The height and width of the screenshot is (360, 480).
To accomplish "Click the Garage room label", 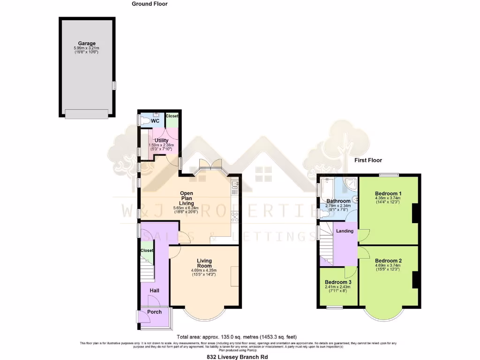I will pyautogui.click(x=87, y=44).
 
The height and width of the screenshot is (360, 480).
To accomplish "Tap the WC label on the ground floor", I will pyautogui.click(x=155, y=121).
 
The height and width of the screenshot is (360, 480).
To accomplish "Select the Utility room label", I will pyautogui.click(x=161, y=140).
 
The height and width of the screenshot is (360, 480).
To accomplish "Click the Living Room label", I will pyautogui.click(x=204, y=263).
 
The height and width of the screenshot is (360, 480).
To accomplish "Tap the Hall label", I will pyautogui.click(x=154, y=291).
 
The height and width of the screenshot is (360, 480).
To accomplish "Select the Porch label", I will pyautogui.click(x=154, y=312).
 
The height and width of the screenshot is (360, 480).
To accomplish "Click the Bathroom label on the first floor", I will pyautogui.click(x=338, y=201).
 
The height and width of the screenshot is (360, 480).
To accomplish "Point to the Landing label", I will pyautogui.click(x=345, y=231).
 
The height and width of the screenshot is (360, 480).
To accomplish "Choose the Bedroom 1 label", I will pyautogui.click(x=388, y=193).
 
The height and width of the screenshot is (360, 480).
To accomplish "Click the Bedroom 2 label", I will pyautogui.click(x=388, y=261).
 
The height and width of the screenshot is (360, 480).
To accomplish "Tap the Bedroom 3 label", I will pyautogui.click(x=338, y=282).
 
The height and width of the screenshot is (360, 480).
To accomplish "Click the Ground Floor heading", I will pyautogui.click(x=149, y=4).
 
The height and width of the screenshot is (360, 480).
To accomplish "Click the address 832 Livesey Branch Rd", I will pyautogui.click(x=237, y=357).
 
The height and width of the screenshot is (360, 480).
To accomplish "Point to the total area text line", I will pyautogui.click(x=236, y=337).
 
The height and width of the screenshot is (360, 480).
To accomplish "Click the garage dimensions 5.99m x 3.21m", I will pyautogui.click(x=87, y=48).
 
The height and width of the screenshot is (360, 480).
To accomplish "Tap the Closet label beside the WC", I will pyautogui.click(x=172, y=116).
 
